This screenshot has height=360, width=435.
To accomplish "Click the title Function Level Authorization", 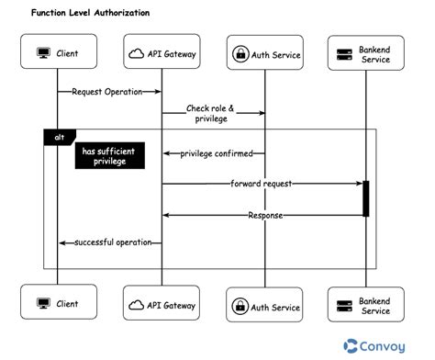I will (90, 14).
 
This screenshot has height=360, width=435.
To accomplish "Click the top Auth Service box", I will (265, 54).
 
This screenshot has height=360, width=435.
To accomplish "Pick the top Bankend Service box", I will (364, 54).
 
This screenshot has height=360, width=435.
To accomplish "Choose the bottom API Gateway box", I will (162, 302).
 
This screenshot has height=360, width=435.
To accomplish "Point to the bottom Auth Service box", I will (265, 307).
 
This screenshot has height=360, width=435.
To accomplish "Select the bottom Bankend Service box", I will (364, 305).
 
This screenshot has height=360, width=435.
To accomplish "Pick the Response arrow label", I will (264, 215).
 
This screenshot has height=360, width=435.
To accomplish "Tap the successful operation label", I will (111, 242).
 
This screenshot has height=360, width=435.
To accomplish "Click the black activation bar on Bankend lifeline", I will (365, 198).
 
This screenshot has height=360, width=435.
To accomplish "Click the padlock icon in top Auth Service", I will (240, 54).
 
